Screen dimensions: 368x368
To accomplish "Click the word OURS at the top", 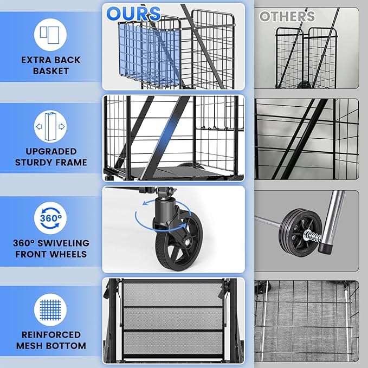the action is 133,14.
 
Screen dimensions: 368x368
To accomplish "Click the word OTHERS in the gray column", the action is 287,16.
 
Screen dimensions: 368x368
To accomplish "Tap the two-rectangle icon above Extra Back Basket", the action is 50,35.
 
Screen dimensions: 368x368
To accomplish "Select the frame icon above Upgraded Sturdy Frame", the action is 50,126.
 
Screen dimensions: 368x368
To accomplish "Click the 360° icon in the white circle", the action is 50,218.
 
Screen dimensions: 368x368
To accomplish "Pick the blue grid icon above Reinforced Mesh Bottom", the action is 50,310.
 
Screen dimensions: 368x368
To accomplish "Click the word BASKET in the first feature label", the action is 51,71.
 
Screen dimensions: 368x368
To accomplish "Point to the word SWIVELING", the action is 63,243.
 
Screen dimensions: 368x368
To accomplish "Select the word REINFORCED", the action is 51,335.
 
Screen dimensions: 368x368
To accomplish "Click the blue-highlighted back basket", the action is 150,54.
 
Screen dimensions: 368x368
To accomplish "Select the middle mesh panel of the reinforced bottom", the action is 173,319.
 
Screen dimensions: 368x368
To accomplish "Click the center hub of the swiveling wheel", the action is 186,242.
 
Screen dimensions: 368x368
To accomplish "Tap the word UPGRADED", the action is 51,151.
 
